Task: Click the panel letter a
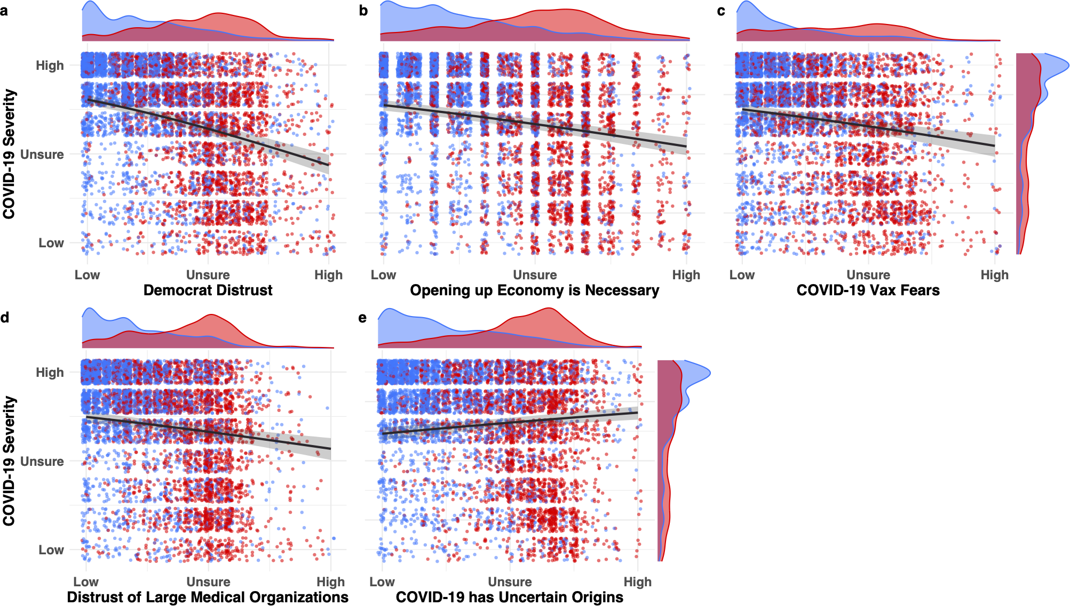(x=4, y=11)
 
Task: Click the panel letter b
(x=363, y=11)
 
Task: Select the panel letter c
(x=721, y=11)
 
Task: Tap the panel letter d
(x=5, y=318)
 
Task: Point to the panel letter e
(x=362, y=318)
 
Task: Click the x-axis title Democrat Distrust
(x=208, y=290)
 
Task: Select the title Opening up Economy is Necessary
(x=534, y=290)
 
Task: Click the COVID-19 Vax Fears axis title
(x=868, y=290)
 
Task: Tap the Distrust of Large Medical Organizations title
(x=208, y=597)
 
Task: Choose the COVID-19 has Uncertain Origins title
(x=509, y=597)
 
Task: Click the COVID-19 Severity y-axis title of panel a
(x=9, y=154)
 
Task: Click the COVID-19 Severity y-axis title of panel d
(x=9, y=461)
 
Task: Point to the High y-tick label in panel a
(x=50, y=66)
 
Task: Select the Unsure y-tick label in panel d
(x=42, y=462)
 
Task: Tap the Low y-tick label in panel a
(x=51, y=243)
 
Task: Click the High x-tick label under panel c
(x=995, y=275)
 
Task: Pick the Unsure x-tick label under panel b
(x=535, y=275)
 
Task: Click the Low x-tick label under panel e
(x=382, y=582)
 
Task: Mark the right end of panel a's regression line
(x=329, y=165)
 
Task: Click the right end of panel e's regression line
(x=638, y=413)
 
